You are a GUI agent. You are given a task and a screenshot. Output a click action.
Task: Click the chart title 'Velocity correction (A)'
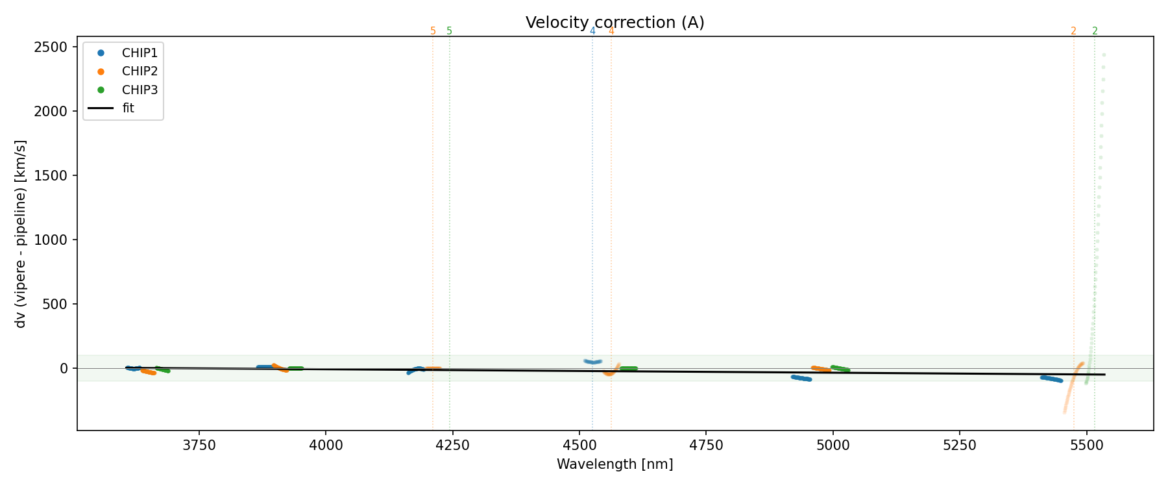(x=614, y=23)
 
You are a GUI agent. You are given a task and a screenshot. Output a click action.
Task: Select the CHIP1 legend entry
(x=139, y=53)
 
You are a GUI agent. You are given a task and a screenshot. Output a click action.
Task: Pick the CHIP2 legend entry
(x=139, y=71)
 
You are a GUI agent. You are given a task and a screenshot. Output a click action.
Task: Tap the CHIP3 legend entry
(x=139, y=90)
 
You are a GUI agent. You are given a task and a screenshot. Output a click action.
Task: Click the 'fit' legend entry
(x=128, y=108)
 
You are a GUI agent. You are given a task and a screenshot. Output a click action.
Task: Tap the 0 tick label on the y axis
(x=64, y=368)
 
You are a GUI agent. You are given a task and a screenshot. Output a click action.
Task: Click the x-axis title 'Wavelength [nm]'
(x=614, y=464)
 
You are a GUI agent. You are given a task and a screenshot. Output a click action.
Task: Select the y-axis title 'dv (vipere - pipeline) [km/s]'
(x=21, y=234)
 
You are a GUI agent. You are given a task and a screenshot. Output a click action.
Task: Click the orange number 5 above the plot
(x=433, y=31)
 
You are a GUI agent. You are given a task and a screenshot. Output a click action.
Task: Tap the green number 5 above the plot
(x=449, y=31)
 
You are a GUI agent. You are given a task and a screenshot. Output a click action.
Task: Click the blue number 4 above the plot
(x=592, y=31)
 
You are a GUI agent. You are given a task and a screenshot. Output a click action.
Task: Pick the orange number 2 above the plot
(x=1073, y=31)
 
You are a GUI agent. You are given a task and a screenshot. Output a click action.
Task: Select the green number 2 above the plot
(x=1095, y=31)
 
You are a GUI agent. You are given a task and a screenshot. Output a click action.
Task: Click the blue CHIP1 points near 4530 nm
(x=593, y=362)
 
